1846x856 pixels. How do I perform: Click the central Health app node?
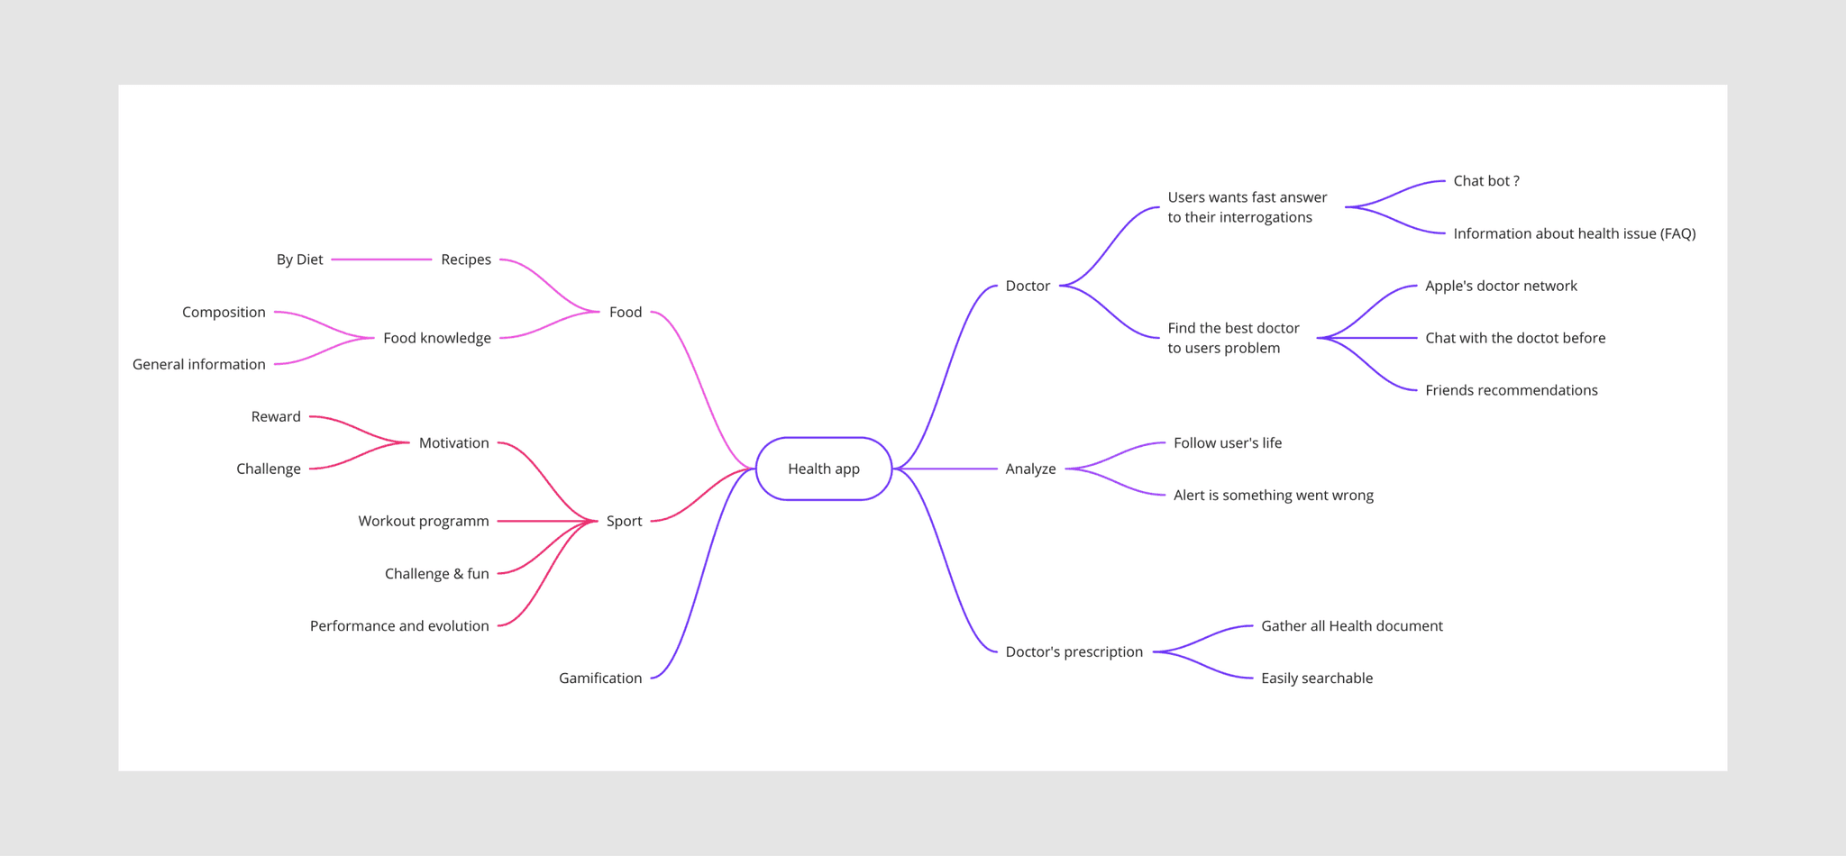point(823,469)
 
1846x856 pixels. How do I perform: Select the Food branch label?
point(626,312)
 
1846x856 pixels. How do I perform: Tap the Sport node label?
point(624,521)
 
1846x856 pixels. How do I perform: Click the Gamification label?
point(600,678)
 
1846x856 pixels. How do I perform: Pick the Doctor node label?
point(1028,286)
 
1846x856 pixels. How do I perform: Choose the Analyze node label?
point(1030,469)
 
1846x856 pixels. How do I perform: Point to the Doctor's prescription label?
point(1074,651)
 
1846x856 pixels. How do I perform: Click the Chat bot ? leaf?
point(1485,181)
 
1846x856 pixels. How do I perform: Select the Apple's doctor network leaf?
point(1501,286)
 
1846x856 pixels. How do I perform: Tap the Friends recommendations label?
point(1511,390)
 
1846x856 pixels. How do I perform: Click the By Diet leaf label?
point(299,260)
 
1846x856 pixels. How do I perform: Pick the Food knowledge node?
point(437,338)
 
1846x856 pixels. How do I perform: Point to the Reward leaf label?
point(276,416)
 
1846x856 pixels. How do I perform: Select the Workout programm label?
point(424,521)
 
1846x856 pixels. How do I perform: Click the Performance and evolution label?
point(399,625)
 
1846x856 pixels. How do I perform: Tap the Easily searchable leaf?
point(1316,678)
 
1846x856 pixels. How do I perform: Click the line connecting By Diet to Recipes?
point(381,260)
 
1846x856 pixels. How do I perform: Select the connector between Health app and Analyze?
point(946,469)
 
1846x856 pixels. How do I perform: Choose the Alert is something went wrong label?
point(1273,495)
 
